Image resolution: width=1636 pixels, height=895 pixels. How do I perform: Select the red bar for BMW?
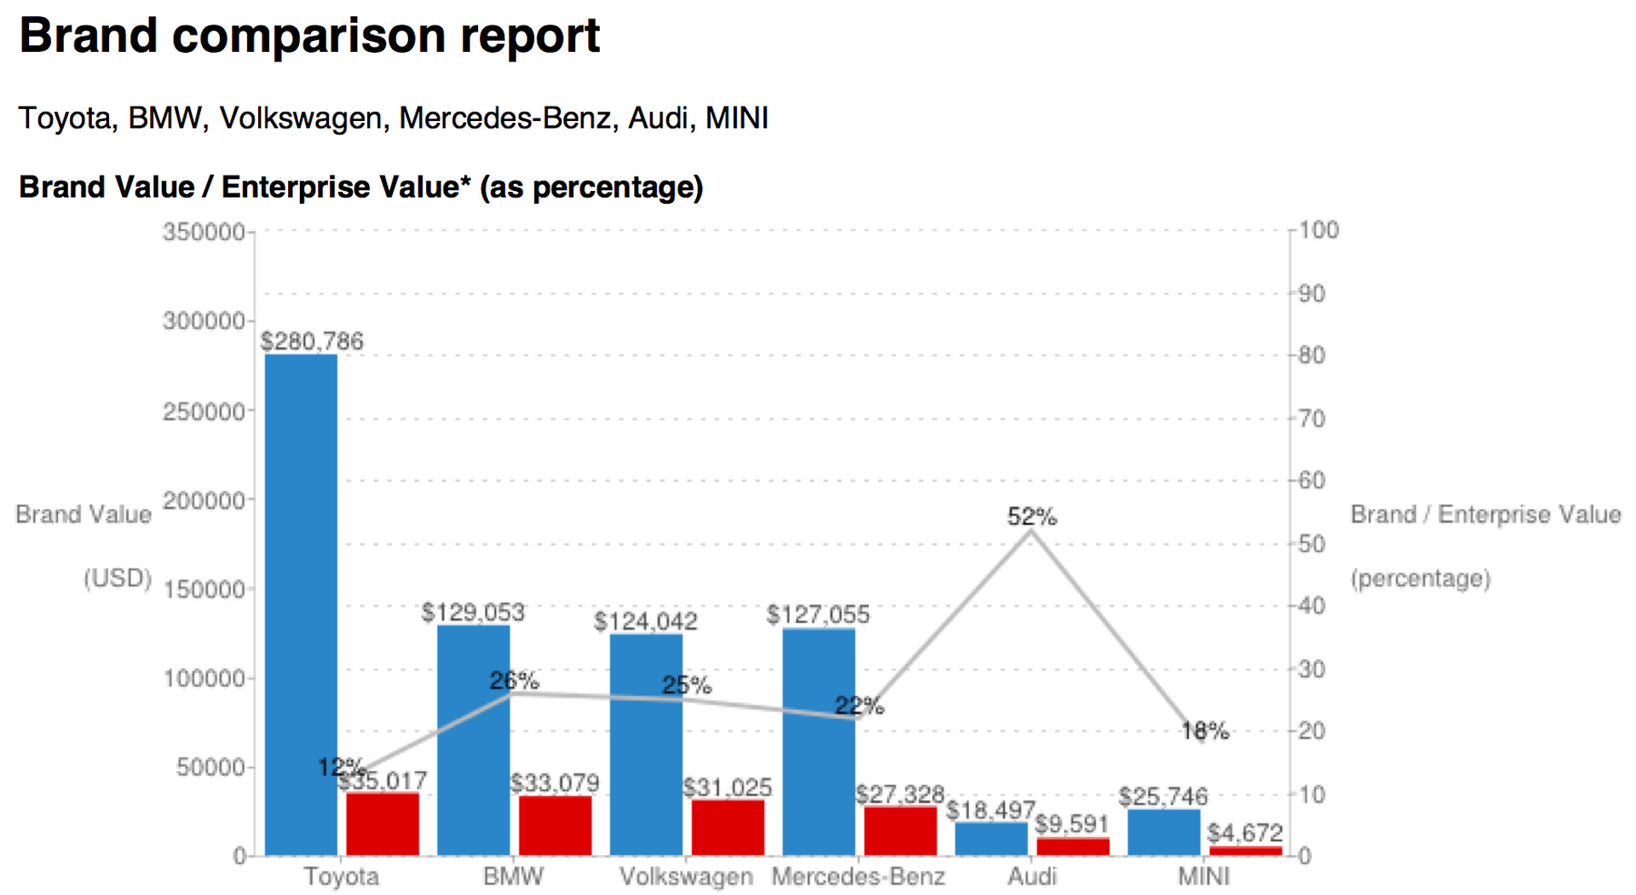[x=555, y=825]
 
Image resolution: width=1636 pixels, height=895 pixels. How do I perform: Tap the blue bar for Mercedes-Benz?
[x=818, y=741]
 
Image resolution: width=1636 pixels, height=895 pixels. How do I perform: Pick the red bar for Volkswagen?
[x=728, y=827]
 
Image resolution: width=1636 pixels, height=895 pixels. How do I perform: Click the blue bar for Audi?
[x=991, y=839]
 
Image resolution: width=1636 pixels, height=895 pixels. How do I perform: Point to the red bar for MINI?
[x=1245, y=851]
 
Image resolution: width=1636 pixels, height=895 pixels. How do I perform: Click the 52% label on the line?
[x=1031, y=517]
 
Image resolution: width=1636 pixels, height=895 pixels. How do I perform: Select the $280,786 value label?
[x=312, y=341]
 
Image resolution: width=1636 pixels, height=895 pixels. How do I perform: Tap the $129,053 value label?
[x=473, y=612]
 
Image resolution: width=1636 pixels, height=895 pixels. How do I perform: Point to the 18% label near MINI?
[x=1205, y=730]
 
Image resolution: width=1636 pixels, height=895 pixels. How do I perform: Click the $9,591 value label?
[x=1071, y=824]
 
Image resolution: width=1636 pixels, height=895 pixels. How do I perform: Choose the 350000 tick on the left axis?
[x=204, y=232]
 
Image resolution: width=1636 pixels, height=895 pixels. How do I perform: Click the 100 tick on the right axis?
[x=1319, y=230]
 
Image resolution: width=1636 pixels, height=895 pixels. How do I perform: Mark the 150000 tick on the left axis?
[x=204, y=589]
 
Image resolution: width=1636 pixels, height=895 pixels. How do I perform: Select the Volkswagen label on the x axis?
[x=686, y=876]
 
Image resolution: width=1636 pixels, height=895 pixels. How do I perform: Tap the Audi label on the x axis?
[x=1032, y=876]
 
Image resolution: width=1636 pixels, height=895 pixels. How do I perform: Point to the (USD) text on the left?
[x=118, y=579]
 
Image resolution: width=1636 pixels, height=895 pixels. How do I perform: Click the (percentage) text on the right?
[x=1420, y=579]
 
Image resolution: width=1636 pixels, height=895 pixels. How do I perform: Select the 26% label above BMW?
[x=514, y=680]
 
